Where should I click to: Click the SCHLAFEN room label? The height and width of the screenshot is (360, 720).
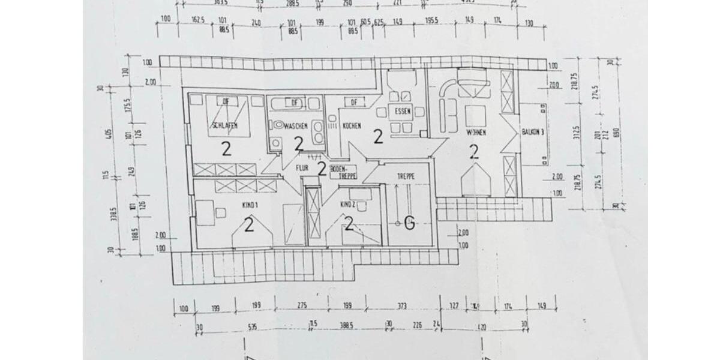(224, 125)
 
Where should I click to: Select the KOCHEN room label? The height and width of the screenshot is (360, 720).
(351, 126)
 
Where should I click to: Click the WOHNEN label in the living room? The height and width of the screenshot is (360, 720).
(476, 131)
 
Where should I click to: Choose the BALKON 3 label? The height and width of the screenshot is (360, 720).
(532, 132)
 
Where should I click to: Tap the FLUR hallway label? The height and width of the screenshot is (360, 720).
(301, 169)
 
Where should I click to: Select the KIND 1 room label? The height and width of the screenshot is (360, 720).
(250, 205)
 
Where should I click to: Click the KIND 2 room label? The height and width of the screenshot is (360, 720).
(348, 205)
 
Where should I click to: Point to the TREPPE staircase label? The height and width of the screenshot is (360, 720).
(406, 176)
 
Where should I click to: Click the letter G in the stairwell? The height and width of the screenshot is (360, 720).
(409, 224)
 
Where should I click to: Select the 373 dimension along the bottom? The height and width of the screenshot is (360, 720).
(402, 306)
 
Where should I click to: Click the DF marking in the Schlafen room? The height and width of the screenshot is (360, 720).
(226, 101)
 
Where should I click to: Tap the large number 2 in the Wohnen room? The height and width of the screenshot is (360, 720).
(474, 152)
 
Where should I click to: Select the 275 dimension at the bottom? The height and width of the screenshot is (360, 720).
(302, 306)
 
